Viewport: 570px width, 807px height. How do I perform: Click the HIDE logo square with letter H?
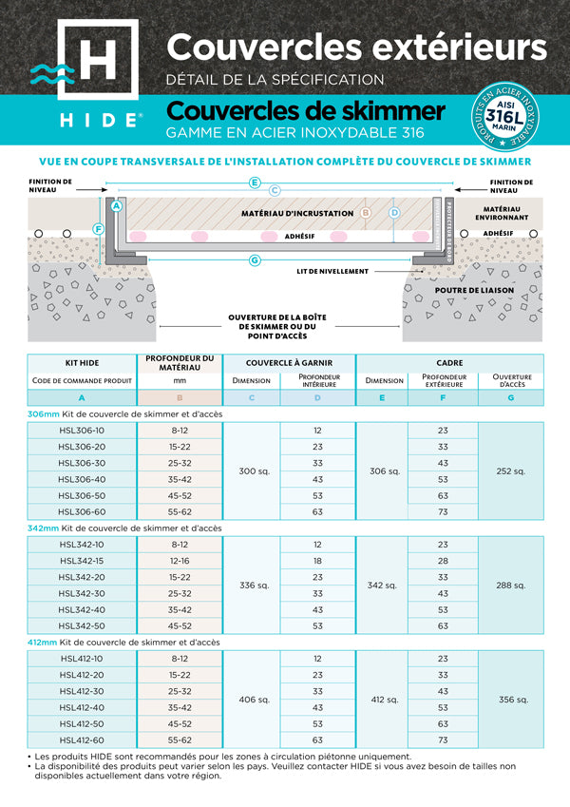click(x=97, y=63)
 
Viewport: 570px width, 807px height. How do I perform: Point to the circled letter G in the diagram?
click(x=255, y=259)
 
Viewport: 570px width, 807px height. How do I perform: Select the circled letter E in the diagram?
click(x=255, y=182)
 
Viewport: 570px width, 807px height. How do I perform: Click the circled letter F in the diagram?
click(x=99, y=228)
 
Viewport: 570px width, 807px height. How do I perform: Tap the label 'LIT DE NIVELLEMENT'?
click(x=331, y=271)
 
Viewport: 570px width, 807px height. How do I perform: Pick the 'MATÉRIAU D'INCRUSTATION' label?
click(x=297, y=214)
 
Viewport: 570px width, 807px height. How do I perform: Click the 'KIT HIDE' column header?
click(x=83, y=362)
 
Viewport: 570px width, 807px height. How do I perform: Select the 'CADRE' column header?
click(x=449, y=362)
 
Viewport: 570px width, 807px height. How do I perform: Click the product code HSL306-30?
click(x=83, y=463)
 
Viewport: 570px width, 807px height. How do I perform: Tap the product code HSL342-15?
click(x=83, y=561)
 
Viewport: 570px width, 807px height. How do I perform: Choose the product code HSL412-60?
click(x=83, y=740)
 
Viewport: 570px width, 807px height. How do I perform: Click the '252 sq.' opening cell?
click(x=511, y=471)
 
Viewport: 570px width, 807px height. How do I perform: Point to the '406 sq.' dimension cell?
click(x=251, y=700)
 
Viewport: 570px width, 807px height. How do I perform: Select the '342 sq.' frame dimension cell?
click(x=382, y=586)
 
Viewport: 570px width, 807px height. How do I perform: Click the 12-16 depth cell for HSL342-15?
click(x=180, y=561)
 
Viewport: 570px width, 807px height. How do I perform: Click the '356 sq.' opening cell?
click(x=511, y=700)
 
